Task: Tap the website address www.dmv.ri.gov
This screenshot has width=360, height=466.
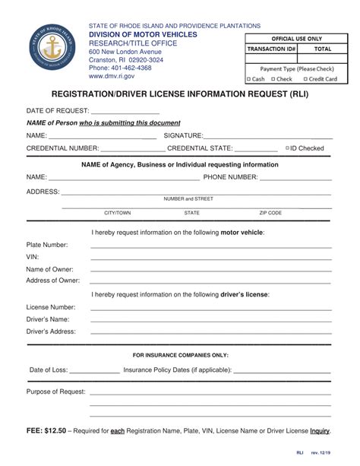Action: (x=112, y=77)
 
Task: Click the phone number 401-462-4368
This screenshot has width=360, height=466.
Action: (x=120, y=68)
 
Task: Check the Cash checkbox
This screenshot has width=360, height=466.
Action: (x=248, y=78)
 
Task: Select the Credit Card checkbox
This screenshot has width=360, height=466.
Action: (x=305, y=78)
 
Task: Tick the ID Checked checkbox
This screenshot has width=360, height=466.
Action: (x=287, y=148)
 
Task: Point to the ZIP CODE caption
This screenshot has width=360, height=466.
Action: (x=270, y=214)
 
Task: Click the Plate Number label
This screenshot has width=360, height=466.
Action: (x=47, y=245)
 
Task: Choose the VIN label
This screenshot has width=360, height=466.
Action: (x=33, y=257)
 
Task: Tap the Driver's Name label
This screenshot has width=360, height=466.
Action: (x=48, y=319)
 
